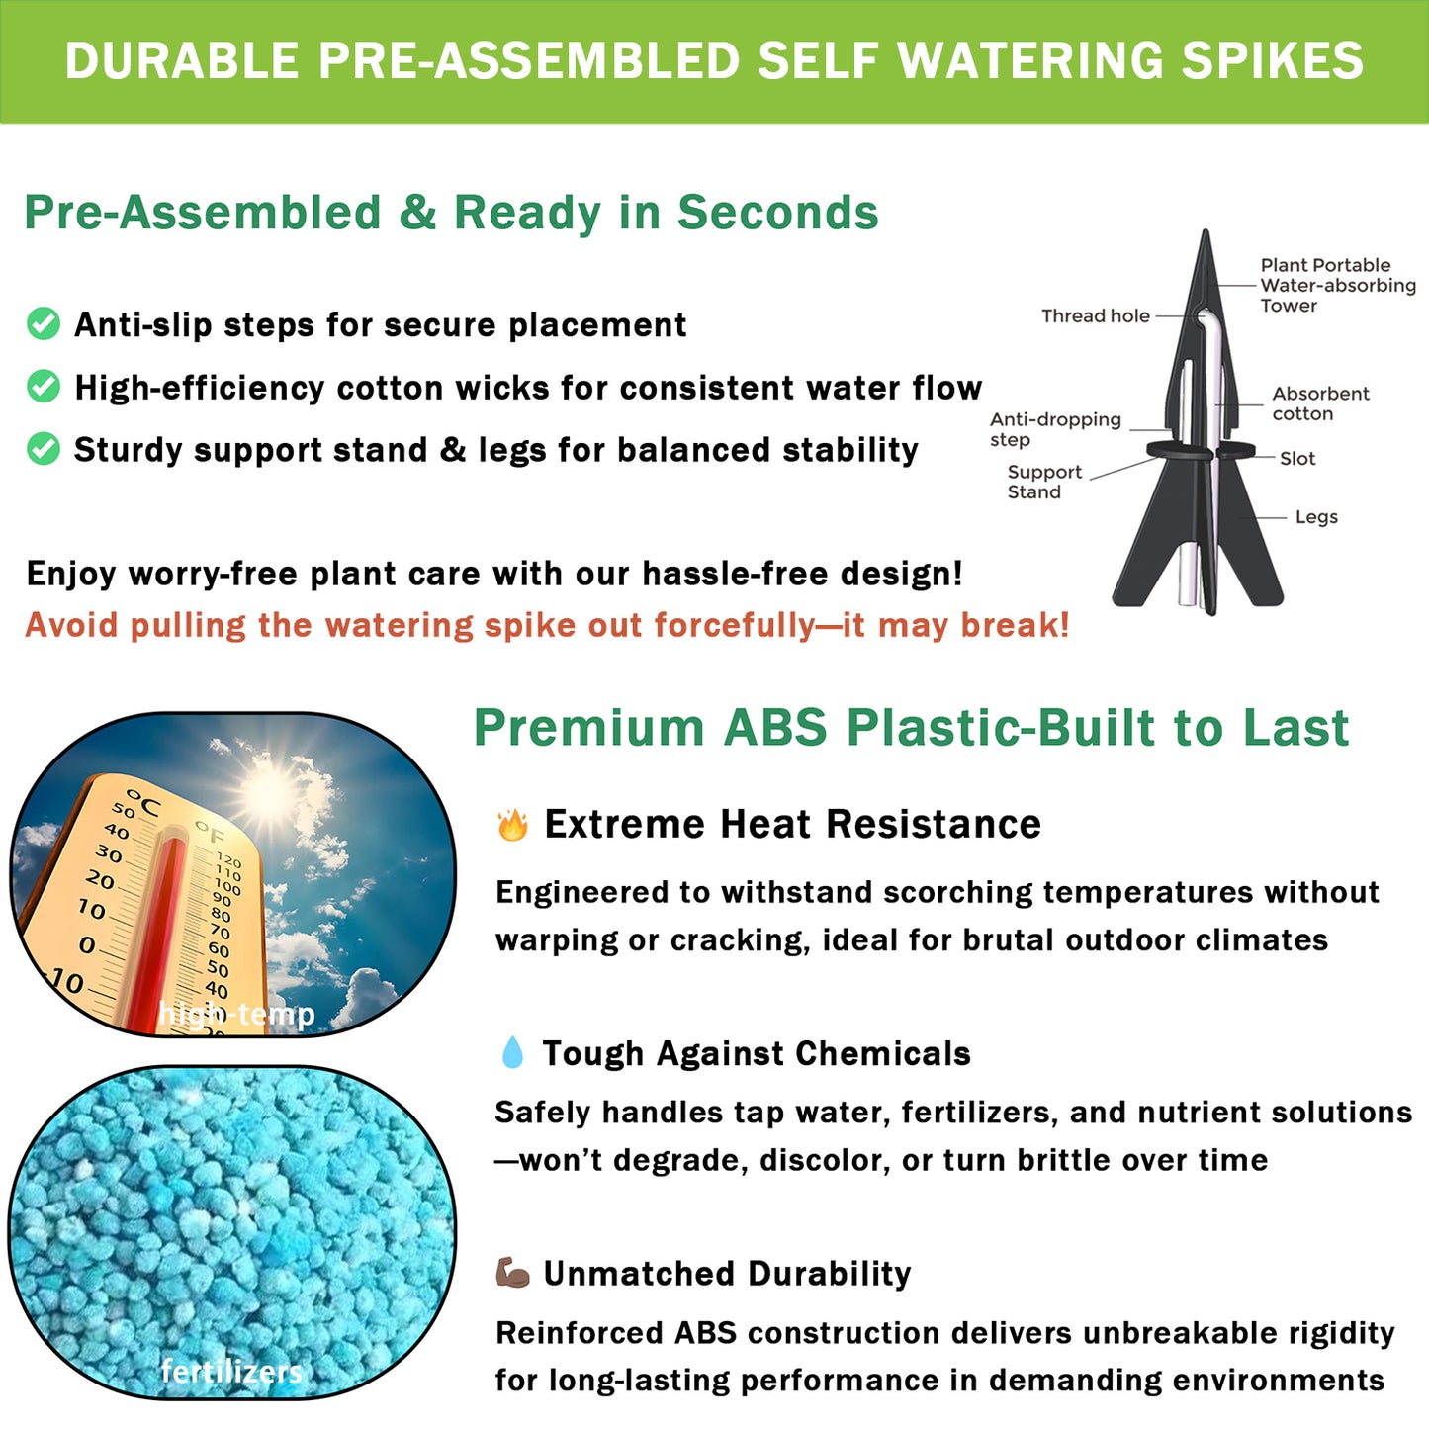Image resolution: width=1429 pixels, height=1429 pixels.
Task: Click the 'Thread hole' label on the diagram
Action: click(x=1095, y=316)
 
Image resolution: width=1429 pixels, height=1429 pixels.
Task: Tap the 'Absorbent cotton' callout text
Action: click(x=1319, y=403)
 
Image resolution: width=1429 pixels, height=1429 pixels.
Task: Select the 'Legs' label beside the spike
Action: click(x=1315, y=517)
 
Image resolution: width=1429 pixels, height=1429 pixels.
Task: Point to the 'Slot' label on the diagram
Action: click(x=1296, y=459)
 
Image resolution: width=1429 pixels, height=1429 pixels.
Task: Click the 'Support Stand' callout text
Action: click(x=1043, y=483)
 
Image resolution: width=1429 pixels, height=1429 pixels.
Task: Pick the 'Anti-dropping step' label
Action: click(x=1054, y=429)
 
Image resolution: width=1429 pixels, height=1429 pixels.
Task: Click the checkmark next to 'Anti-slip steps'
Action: click(x=44, y=323)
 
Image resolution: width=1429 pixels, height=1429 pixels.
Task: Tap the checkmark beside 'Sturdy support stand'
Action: click(x=44, y=449)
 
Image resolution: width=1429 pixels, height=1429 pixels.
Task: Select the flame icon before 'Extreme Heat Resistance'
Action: click(x=512, y=825)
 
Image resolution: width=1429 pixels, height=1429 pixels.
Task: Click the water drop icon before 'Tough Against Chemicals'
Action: click(x=512, y=1053)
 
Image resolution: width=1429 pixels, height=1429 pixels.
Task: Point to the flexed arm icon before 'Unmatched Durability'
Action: click(x=512, y=1273)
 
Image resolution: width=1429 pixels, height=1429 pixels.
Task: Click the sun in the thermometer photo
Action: click(x=271, y=792)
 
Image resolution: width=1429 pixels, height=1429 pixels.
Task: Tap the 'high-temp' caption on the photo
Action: click(x=236, y=1014)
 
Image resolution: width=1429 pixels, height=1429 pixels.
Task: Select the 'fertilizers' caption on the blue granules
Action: click(x=231, y=1371)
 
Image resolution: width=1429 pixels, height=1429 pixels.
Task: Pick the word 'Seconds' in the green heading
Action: click(x=777, y=213)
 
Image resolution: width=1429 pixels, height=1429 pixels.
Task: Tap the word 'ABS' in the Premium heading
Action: click(x=774, y=728)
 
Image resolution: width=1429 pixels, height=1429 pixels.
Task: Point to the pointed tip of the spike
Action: click(x=1206, y=237)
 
